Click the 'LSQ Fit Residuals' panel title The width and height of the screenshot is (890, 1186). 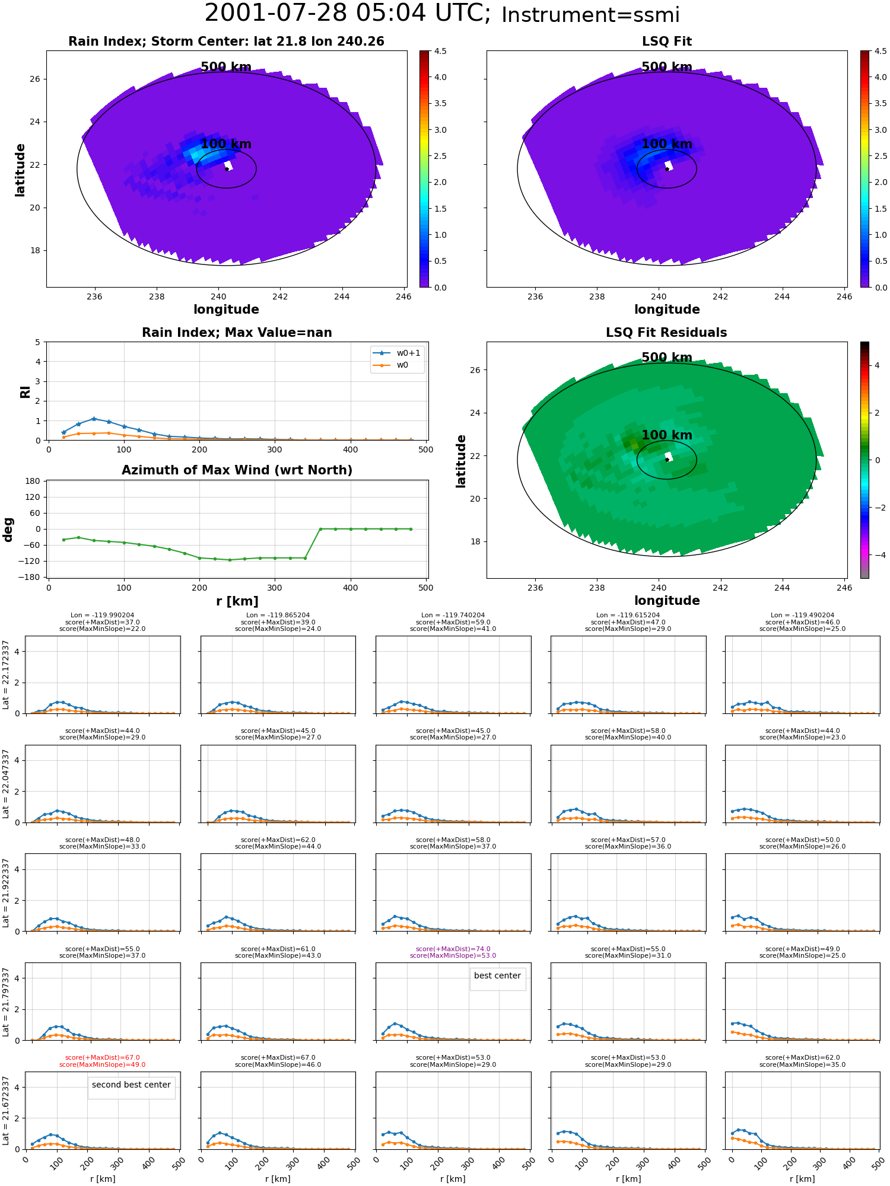(x=666, y=333)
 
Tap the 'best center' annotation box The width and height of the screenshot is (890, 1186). (x=497, y=975)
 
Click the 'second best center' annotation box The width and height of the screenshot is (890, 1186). (x=131, y=1085)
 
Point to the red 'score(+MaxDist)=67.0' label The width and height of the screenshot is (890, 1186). (x=103, y=1057)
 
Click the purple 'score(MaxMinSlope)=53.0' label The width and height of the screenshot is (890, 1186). (x=453, y=955)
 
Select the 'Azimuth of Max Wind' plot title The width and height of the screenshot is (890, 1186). (x=237, y=470)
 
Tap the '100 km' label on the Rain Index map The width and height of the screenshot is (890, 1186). (x=226, y=144)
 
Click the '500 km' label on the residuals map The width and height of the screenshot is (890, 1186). (x=666, y=358)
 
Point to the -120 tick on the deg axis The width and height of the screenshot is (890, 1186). (x=30, y=561)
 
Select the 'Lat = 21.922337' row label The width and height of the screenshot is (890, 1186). (x=6, y=892)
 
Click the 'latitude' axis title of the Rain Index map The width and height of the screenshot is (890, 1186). (x=20, y=170)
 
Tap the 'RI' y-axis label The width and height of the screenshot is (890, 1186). (x=26, y=392)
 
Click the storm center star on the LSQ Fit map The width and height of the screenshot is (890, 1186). (x=667, y=169)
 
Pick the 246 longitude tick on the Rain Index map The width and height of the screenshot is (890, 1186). (x=403, y=296)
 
